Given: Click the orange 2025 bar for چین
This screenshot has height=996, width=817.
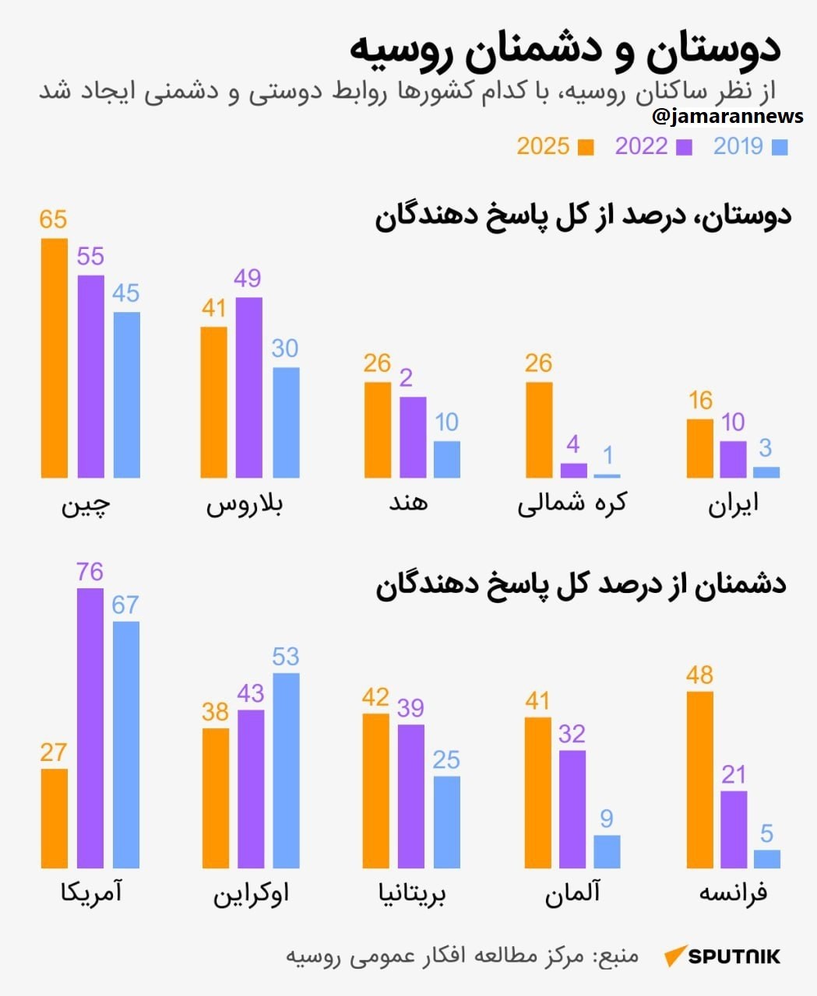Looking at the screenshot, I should tap(54, 358).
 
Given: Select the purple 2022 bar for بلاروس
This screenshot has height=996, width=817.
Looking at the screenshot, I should tap(249, 388).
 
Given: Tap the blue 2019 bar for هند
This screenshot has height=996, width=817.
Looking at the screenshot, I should tap(446, 459).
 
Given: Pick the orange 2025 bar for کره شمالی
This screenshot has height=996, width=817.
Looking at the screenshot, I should tap(539, 430).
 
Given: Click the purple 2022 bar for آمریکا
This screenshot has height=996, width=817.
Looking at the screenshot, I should tap(90, 728).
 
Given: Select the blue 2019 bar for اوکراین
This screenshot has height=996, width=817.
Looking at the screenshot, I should tap(286, 770).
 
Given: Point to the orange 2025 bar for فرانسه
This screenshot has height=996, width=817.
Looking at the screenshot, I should tap(699, 780).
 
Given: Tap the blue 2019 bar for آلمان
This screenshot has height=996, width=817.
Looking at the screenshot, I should tap(607, 851).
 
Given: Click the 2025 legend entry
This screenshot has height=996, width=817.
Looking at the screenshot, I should tap(555, 146).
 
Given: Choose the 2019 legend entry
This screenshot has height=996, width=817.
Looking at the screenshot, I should tap(750, 146).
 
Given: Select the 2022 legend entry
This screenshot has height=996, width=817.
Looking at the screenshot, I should tap(653, 146).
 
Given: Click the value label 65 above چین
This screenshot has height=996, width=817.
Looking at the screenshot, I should tap(53, 219).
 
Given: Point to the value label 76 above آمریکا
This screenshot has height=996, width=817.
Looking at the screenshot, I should tap(90, 572).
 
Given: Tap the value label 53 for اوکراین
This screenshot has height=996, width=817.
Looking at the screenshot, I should tap(285, 657).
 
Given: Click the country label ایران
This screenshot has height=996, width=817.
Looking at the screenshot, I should tap(733, 503).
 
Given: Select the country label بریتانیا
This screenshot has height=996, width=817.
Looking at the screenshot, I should tap(412, 893).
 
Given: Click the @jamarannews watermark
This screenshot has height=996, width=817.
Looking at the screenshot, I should tap(727, 116).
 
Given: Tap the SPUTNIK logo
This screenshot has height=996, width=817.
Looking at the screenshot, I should tap(722, 956).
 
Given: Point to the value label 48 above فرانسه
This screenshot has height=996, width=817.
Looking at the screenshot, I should tap(699, 675).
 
